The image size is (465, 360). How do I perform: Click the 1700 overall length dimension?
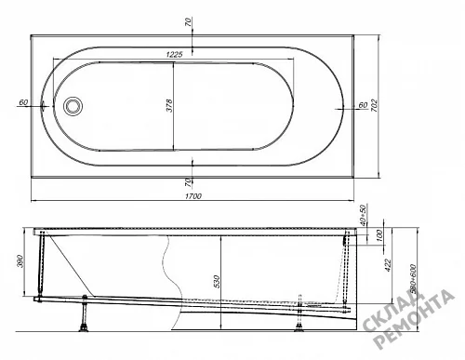(x=193, y=196)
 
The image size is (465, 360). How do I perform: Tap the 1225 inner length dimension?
(x=174, y=55)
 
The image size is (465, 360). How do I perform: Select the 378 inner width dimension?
(x=169, y=105)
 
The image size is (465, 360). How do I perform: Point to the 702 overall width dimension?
(x=374, y=105)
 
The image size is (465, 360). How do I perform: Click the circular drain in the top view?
(x=73, y=105)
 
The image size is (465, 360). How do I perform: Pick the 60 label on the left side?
(x=23, y=102)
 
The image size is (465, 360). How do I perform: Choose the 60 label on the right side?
(x=363, y=105)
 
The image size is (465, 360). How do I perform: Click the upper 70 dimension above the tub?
(x=189, y=22)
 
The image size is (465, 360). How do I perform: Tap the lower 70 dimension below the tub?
(x=189, y=182)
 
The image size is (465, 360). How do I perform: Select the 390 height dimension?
(x=20, y=260)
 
